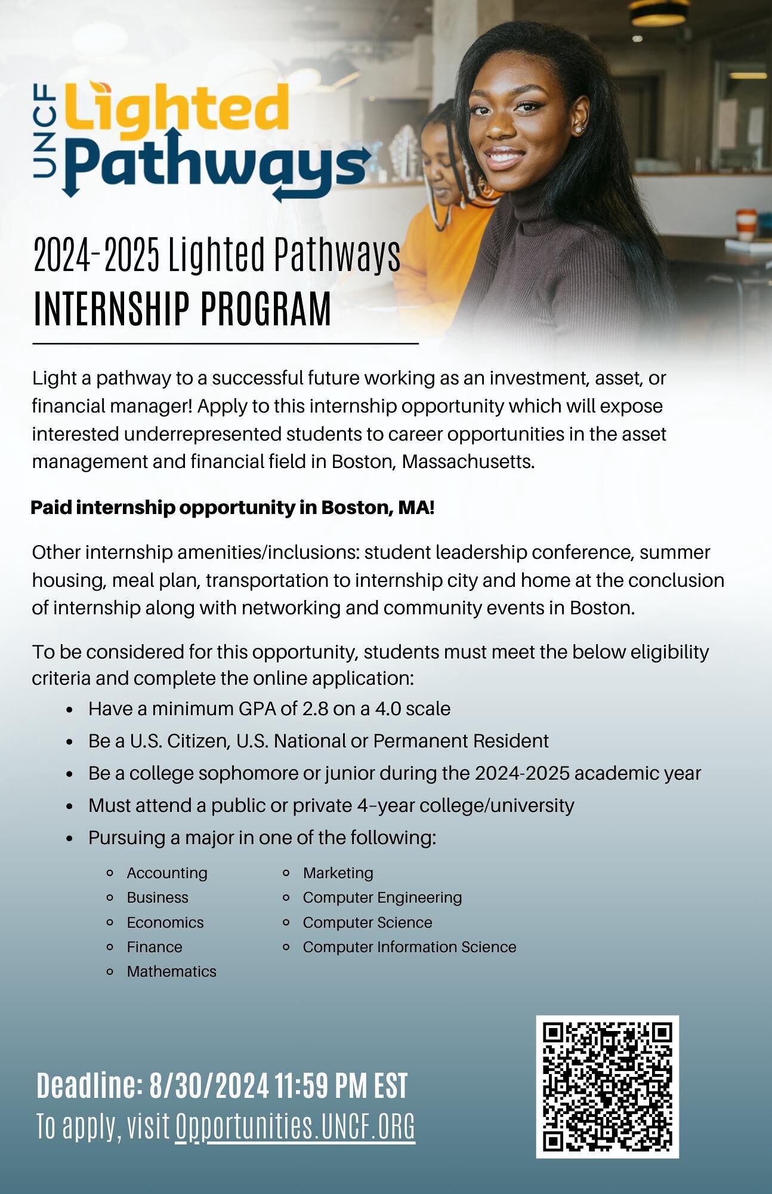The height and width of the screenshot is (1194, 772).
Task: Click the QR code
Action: click(x=607, y=1087)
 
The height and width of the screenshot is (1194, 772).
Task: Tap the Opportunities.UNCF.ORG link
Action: click(x=295, y=1127)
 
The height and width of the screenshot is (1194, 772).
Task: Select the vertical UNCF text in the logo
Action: click(x=45, y=131)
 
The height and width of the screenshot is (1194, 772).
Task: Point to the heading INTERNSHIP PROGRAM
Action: click(x=182, y=309)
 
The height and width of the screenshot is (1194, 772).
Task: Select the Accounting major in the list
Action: click(x=167, y=873)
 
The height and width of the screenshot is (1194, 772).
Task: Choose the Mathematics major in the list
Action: click(x=171, y=971)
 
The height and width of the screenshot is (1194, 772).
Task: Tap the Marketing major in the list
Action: click(x=338, y=873)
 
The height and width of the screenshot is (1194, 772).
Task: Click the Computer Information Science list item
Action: click(x=409, y=947)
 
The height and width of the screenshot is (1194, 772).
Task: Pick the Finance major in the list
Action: click(x=155, y=947)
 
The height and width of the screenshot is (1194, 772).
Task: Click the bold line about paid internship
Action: click(x=232, y=507)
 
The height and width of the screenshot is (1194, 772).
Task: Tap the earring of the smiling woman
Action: click(x=578, y=129)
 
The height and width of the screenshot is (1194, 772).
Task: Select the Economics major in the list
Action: click(x=165, y=922)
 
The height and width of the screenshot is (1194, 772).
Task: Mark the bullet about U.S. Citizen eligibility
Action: click(x=318, y=741)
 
